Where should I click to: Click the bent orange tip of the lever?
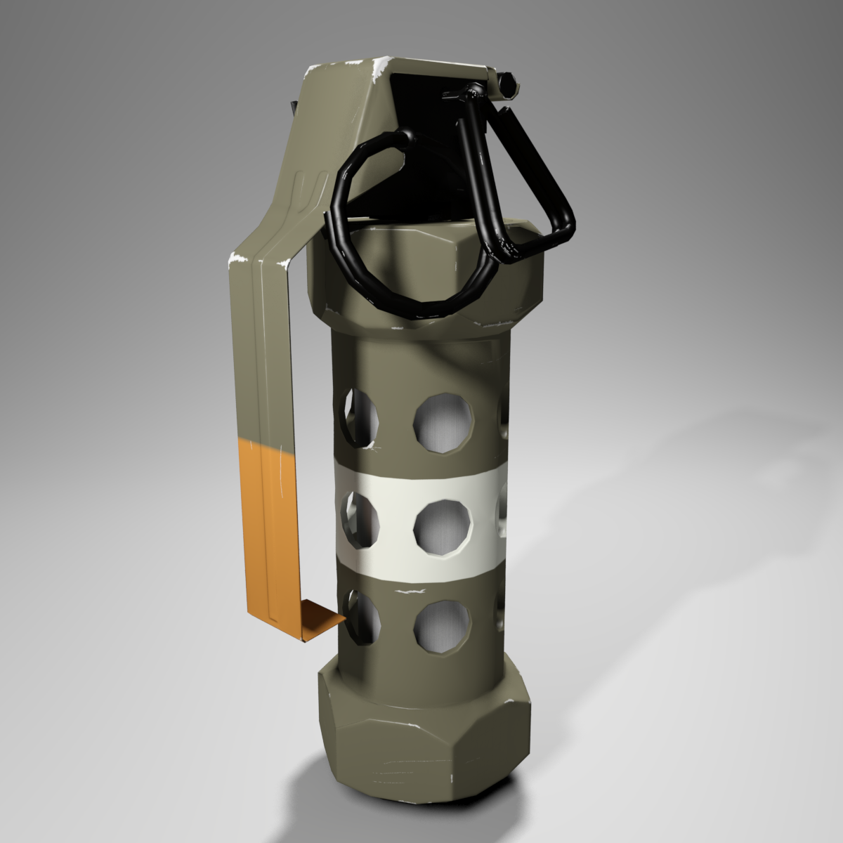[323, 622]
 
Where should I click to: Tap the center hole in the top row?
[443, 421]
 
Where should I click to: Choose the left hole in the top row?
[360, 417]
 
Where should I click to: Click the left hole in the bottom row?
[361, 618]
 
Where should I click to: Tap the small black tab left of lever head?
[292, 109]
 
